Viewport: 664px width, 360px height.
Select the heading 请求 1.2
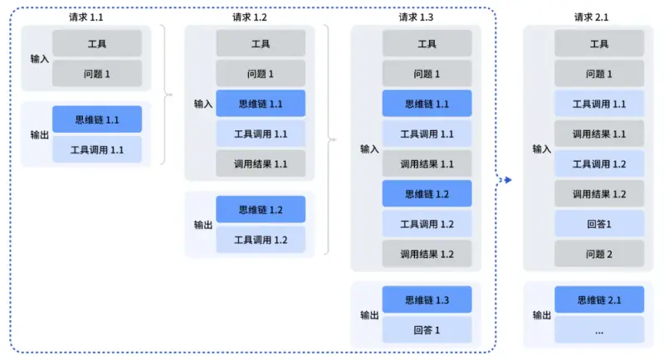coord(249,17)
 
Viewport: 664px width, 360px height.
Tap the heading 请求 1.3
coord(416,17)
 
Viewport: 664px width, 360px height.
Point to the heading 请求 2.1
coord(591,17)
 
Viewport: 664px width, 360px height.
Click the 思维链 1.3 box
coord(427,299)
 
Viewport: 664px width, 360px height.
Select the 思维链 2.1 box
coord(599,299)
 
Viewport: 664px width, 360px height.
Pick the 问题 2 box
coord(599,254)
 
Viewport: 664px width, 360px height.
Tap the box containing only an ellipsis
coord(599,330)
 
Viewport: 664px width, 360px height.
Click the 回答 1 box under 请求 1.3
coord(427,330)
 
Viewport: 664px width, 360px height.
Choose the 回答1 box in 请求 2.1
coord(599,224)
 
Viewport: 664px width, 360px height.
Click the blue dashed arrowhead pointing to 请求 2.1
coord(508,179)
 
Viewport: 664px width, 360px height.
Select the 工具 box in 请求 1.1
coord(97,43)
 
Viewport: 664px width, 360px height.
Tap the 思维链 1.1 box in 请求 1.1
coord(97,119)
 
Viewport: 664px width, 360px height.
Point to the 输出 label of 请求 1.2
coord(203,225)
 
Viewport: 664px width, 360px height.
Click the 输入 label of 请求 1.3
coord(369,149)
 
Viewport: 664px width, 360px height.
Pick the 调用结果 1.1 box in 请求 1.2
coord(261,163)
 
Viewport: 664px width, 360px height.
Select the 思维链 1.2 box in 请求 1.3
coord(427,194)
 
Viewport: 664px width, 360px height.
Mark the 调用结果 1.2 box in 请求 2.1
coord(599,194)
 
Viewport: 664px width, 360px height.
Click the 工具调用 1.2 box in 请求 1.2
coord(261,240)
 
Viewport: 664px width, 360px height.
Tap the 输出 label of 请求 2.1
coord(542,315)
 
